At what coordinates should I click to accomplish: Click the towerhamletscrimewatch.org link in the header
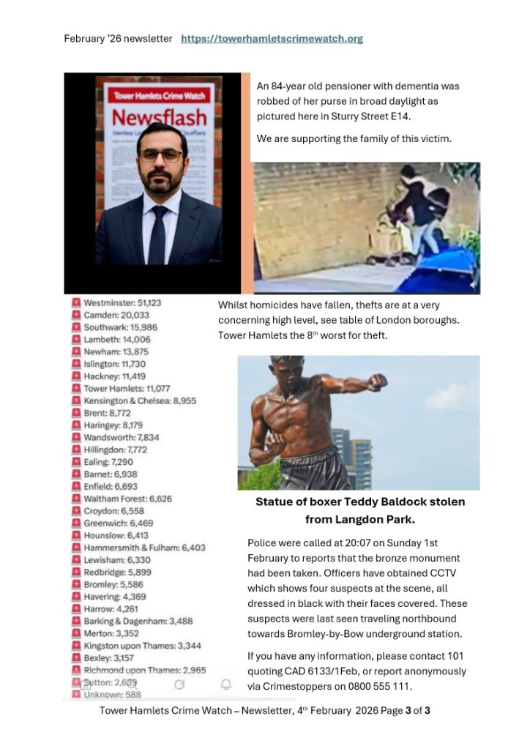[272, 39]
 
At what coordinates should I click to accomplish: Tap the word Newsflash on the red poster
[159, 118]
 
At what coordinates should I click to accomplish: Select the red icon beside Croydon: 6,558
[75, 511]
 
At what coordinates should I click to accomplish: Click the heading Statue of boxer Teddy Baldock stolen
[359, 502]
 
